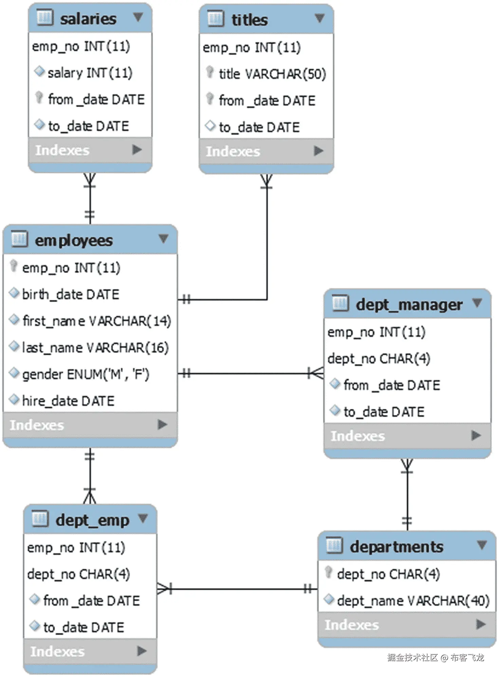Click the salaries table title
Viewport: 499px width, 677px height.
(88, 19)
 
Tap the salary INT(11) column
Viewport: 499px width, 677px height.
(90, 73)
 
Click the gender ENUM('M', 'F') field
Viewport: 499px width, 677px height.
(86, 374)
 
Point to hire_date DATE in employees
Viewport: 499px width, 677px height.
(68, 401)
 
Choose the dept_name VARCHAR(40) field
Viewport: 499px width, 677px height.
(413, 601)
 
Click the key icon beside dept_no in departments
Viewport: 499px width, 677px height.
(328, 572)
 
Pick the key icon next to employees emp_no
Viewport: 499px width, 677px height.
(14, 266)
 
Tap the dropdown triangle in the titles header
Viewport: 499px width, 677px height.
(319, 18)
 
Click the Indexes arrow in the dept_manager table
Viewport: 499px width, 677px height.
(476, 435)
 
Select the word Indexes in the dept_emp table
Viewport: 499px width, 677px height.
(57, 651)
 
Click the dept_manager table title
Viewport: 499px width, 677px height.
(409, 305)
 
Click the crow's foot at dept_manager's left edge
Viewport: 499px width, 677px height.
(316, 373)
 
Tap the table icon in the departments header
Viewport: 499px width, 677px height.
(334, 545)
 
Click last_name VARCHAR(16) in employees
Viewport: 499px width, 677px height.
(95, 348)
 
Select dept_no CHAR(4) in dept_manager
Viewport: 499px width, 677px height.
(378, 359)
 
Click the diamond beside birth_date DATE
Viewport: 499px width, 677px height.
(14, 293)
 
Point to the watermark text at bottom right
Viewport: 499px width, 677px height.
(436, 658)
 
